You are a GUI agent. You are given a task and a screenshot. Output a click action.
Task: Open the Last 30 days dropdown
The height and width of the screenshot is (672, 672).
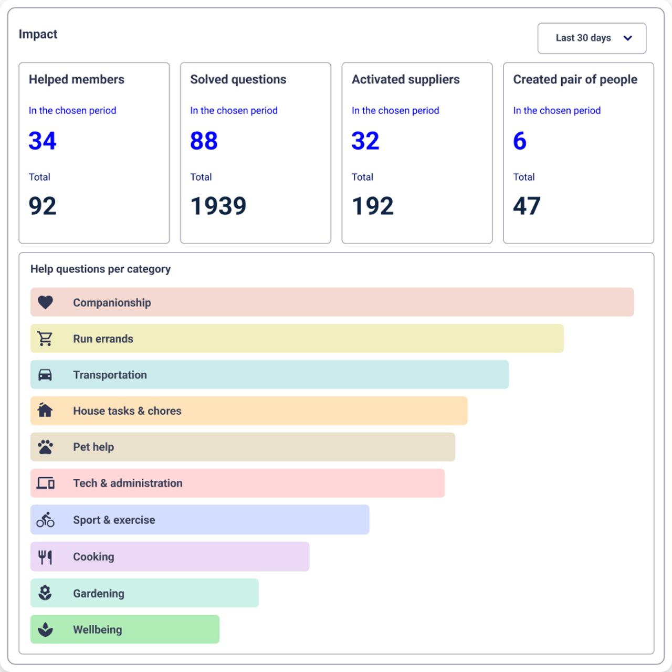(x=592, y=38)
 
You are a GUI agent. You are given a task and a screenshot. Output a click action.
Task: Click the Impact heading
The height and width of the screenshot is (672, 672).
(x=38, y=34)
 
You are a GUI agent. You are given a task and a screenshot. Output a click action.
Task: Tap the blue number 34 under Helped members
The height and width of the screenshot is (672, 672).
(x=42, y=141)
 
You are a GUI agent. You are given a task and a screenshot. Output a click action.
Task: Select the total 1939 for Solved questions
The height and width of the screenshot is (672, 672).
(x=218, y=206)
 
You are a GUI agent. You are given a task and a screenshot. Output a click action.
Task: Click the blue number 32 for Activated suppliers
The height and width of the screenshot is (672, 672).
(x=365, y=141)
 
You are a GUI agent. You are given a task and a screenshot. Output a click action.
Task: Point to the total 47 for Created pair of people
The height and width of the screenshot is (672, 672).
(x=527, y=206)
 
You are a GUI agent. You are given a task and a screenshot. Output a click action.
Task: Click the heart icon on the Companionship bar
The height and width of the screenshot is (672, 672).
(x=45, y=302)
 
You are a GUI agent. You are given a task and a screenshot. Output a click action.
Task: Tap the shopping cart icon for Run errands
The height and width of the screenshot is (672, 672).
(x=45, y=339)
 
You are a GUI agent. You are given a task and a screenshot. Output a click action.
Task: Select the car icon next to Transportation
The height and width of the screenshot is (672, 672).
(x=45, y=375)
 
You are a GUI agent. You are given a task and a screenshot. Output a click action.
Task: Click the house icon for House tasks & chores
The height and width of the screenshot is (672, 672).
(x=45, y=410)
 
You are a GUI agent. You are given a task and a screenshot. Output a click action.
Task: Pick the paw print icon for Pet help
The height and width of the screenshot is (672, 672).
(x=45, y=447)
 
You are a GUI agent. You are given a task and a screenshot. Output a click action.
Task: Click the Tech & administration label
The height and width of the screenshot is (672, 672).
(x=128, y=483)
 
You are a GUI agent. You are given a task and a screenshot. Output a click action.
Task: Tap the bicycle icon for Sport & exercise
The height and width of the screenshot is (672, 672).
(x=45, y=520)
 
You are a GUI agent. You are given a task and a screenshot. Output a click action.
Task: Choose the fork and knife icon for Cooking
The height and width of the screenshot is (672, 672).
(x=45, y=557)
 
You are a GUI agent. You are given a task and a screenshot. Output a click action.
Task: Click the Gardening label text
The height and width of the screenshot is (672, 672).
(x=99, y=594)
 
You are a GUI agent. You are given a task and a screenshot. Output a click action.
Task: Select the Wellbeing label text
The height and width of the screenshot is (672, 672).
(x=98, y=630)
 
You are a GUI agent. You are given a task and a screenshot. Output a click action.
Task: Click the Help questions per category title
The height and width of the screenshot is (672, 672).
(x=100, y=269)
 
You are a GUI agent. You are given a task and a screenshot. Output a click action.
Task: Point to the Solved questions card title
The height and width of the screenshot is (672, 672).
(x=238, y=79)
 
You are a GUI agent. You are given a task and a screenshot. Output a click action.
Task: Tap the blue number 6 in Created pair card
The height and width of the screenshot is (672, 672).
(x=520, y=141)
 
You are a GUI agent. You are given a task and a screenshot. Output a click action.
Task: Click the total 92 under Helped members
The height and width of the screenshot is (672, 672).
(x=42, y=206)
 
